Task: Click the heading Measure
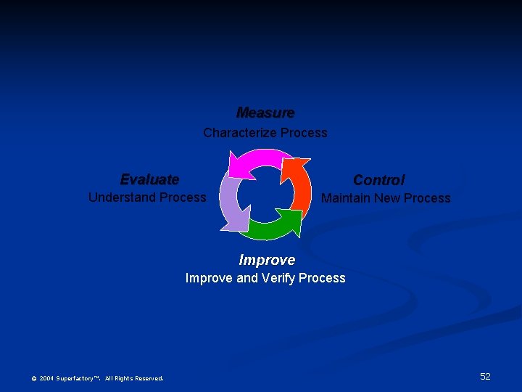coord(265,113)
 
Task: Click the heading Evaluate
coord(149,179)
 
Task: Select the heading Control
coord(378,180)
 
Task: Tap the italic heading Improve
coord(267,260)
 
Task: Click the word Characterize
coord(239,133)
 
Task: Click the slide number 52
coord(485,376)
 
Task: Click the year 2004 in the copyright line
coord(46,378)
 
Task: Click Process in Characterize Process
coord(304,133)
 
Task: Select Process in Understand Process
coord(183,197)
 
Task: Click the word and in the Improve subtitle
coord(248,278)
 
